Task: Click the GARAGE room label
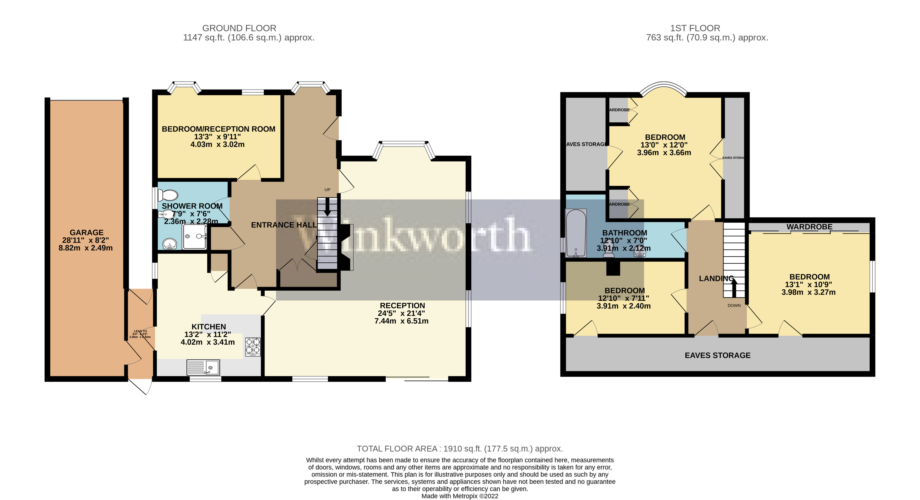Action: (86, 233)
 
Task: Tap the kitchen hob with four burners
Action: (253, 347)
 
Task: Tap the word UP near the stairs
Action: (327, 190)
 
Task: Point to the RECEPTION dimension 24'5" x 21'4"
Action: (401, 314)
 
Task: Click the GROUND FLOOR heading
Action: (239, 28)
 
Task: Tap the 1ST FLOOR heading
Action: (695, 28)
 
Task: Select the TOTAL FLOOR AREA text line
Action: (460, 449)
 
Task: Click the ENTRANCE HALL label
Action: (284, 225)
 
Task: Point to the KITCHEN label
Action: (209, 327)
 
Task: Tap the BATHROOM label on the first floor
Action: (625, 233)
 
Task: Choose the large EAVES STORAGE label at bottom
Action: (717, 355)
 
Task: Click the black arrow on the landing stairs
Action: (734, 288)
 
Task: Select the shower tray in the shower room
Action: (195, 237)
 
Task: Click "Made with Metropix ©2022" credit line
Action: (460, 496)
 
